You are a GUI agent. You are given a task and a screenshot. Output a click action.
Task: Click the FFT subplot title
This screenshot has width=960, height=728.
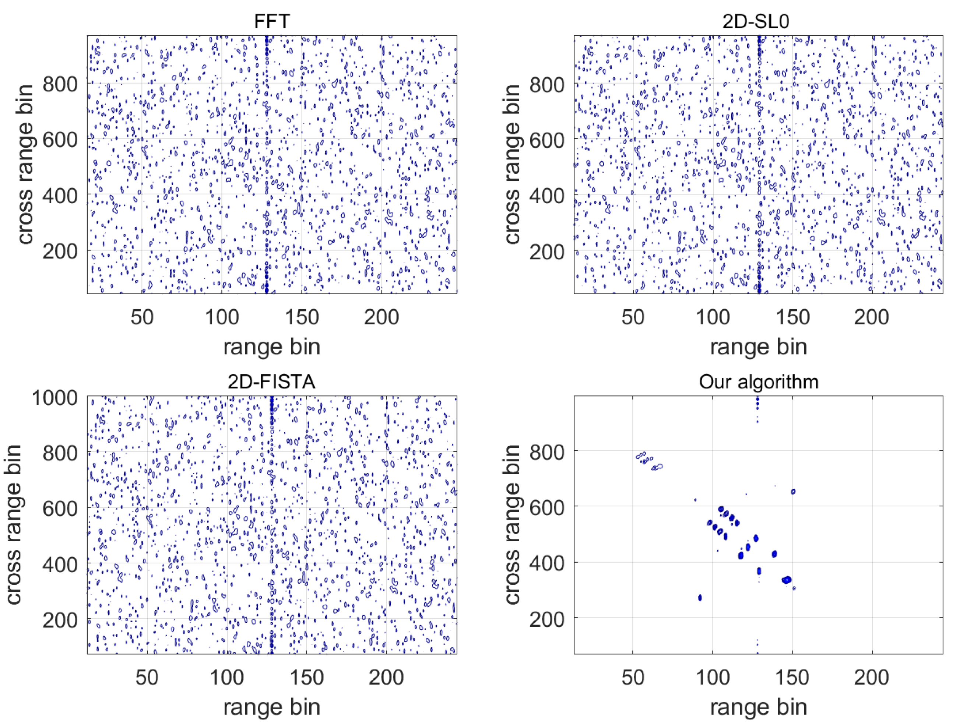pyautogui.click(x=272, y=21)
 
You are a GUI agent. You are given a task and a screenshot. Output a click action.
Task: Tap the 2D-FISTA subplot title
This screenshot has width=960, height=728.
pyautogui.click(x=272, y=381)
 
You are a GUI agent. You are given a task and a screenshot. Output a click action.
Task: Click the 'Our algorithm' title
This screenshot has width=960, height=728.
pyautogui.click(x=758, y=381)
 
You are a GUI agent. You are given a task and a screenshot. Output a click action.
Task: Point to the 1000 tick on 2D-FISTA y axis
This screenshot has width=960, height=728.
pyautogui.click(x=54, y=398)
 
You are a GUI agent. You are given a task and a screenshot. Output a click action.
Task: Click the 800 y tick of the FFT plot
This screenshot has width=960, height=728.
pyautogui.click(x=60, y=84)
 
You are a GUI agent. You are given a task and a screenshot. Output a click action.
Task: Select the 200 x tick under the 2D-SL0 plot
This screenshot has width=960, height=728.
pyautogui.click(x=872, y=317)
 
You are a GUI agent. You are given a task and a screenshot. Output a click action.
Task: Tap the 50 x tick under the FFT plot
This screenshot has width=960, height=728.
pyautogui.click(x=142, y=317)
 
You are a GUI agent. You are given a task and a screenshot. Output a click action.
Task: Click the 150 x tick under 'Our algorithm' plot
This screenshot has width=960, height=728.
pyautogui.click(x=792, y=677)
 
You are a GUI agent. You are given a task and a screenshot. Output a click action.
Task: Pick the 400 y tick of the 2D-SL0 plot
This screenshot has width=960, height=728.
pyautogui.click(x=547, y=196)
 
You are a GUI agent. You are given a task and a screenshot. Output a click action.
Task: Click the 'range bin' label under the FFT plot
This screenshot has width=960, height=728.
pyautogui.click(x=272, y=347)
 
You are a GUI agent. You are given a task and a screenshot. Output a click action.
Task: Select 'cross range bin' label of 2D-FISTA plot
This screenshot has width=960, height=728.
pyautogui.click(x=14, y=524)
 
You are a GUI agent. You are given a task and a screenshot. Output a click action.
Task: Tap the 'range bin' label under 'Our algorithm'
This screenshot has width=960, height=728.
pyautogui.click(x=758, y=707)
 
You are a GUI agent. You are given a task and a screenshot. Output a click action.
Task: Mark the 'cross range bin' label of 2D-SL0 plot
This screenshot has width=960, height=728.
pyautogui.click(x=513, y=164)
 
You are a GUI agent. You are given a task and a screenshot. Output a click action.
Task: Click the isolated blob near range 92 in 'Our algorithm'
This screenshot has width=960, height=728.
pyautogui.click(x=700, y=598)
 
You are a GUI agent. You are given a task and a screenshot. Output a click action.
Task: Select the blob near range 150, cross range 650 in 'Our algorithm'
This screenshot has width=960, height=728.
pyautogui.click(x=793, y=492)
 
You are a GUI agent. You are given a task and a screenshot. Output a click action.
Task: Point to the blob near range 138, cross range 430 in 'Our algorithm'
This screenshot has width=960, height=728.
pyautogui.click(x=774, y=554)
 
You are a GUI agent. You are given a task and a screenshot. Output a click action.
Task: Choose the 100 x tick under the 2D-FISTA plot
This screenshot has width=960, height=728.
pyautogui.click(x=226, y=677)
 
